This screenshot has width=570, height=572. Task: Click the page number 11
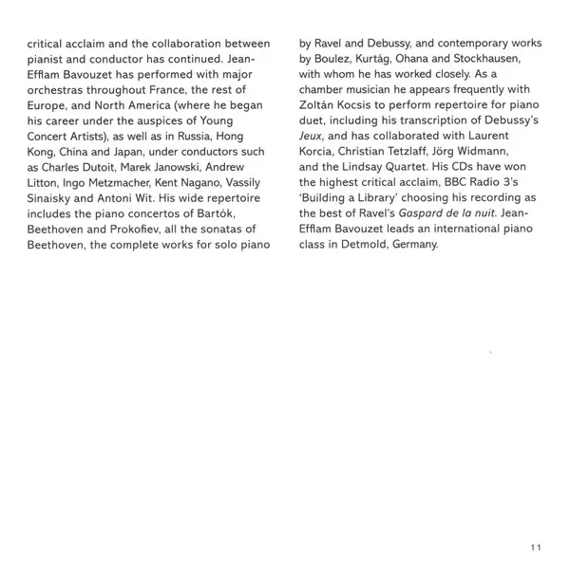point(536,547)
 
